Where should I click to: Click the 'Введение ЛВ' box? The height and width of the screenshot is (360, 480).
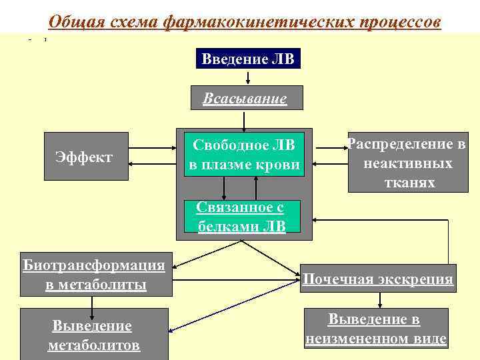point(249,59)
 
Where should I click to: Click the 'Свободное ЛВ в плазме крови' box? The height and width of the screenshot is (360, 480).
point(244,154)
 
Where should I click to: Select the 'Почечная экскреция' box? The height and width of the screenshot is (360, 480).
point(377,279)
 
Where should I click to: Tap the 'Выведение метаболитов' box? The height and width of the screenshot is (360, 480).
point(93,335)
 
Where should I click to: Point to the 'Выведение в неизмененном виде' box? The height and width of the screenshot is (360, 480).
point(376,329)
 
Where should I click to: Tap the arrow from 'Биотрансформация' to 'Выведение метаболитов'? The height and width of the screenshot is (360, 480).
point(92,301)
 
